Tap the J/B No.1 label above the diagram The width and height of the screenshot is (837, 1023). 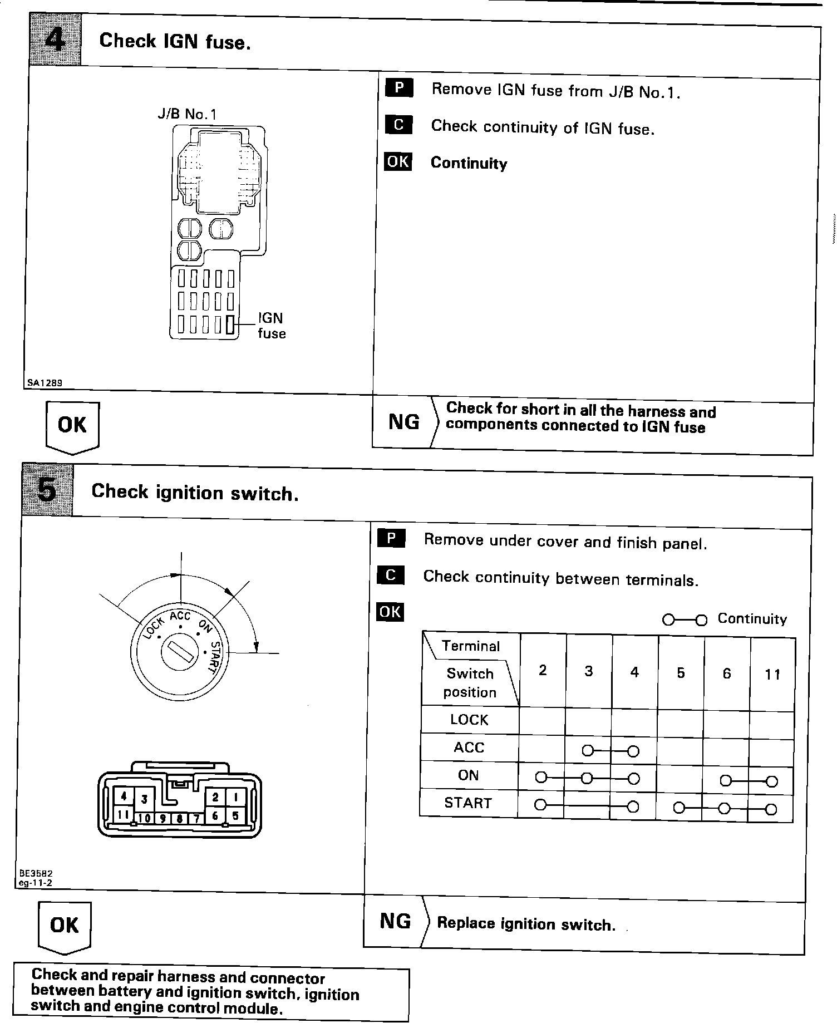(187, 114)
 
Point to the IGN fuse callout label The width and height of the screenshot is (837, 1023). (272, 326)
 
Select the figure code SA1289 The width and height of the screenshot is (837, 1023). (45, 383)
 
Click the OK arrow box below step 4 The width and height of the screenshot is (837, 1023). (72, 426)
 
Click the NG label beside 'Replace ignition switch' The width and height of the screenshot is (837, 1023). (396, 922)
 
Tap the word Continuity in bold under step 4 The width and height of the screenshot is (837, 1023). (469, 163)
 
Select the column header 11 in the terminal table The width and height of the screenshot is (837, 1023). (772, 675)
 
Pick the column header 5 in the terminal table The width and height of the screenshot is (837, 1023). (681, 673)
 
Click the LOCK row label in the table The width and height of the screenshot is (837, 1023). (469, 720)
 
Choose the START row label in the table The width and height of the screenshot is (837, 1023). (468, 803)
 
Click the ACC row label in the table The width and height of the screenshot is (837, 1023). (469, 747)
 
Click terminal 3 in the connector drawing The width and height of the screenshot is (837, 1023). (144, 800)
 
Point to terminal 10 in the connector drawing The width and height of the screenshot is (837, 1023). (145, 818)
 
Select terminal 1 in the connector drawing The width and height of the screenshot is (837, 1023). (235, 797)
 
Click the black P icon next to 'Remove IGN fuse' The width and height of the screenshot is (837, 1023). (399, 88)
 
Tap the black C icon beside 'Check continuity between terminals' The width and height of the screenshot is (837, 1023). (391, 575)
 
